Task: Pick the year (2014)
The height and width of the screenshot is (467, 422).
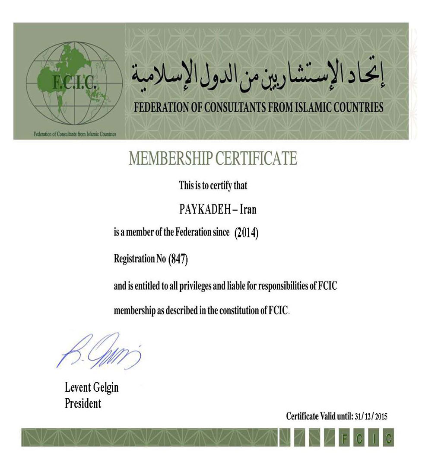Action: [246, 233]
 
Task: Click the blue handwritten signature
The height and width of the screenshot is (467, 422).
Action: [98, 351]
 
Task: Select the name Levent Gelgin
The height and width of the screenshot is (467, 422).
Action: [92, 387]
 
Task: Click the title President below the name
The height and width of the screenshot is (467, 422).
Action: [83, 403]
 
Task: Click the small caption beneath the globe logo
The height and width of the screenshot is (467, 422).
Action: [75, 134]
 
